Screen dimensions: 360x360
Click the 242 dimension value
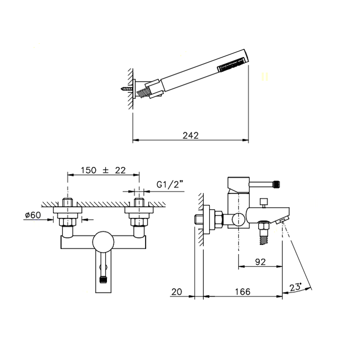click(x=190, y=135)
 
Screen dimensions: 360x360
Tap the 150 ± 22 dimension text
click(x=103, y=170)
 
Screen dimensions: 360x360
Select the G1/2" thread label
click(x=170, y=185)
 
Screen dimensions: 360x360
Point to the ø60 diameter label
click(x=33, y=215)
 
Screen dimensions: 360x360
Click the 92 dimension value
click(x=260, y=262)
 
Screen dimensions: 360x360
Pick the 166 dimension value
click(x=243, y=292)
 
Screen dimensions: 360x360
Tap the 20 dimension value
click(x=177, y=292)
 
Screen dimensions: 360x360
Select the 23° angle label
click(x=296, y=287)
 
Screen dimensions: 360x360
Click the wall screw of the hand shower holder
click(x=126, y=88)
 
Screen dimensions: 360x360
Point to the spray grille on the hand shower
click(x=233, y=64)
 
